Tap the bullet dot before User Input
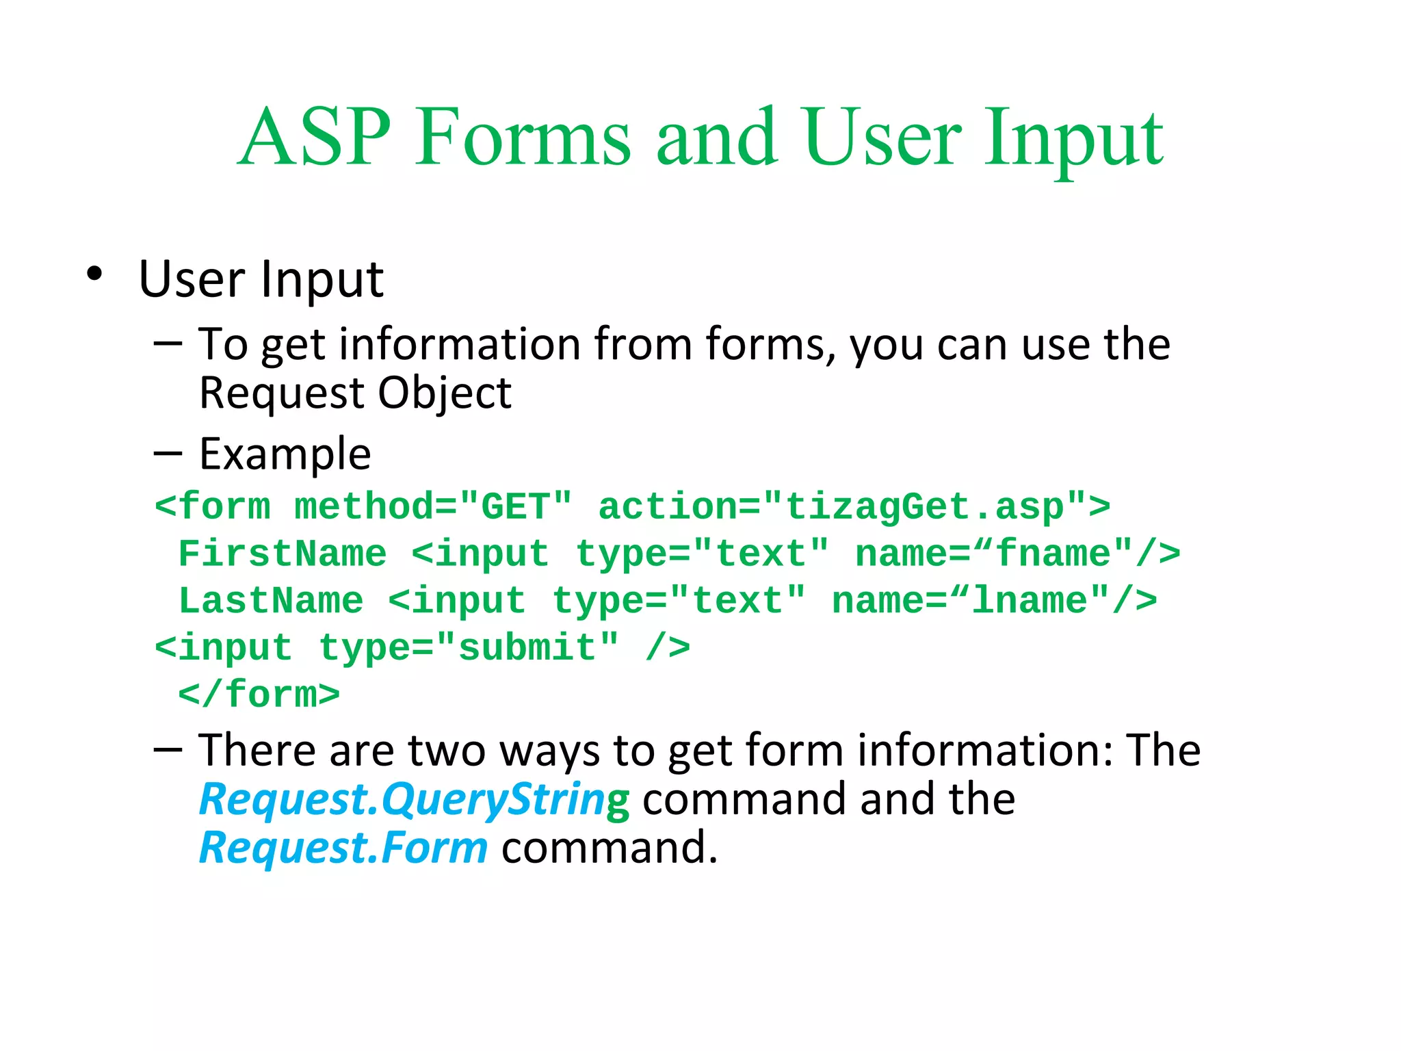point(94,274)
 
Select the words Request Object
point(355,393)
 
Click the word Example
point(285,454)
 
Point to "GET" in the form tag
point(515,507)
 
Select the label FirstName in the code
point(282,554)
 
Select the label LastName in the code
point(271,601)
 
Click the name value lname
point(1030,601)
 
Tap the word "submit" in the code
point(527,647)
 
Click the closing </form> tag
point(259,695)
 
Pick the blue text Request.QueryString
point(413,800)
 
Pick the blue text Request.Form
point(343,848)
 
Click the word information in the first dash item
point(459,344)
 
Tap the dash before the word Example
point(168,454)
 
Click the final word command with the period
point(609,848)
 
